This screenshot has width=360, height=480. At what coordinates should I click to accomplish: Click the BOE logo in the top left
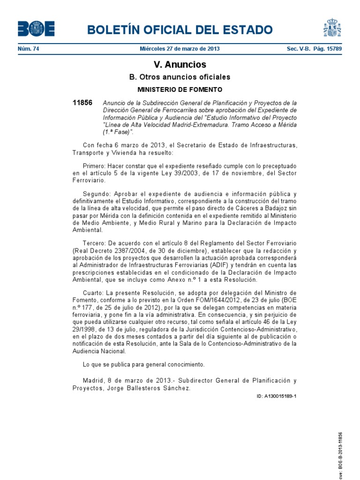(36, 29)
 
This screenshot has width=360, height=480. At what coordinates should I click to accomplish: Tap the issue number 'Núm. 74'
(28, 49)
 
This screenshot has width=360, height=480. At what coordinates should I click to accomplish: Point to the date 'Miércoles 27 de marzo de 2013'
(180, 49)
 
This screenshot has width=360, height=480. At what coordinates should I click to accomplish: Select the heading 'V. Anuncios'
(180, 65)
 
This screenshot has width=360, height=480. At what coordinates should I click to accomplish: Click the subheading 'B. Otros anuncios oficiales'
(180, 77)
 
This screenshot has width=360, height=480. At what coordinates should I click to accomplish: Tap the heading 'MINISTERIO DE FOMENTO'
(180, 89)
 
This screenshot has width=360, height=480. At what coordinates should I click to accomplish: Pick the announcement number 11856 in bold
(82, 103)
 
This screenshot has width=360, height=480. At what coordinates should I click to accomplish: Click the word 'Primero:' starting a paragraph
(94, 166)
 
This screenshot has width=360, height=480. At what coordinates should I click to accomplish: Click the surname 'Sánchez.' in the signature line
(177, 388)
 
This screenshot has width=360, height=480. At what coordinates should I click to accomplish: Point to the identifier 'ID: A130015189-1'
(277, 396)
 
